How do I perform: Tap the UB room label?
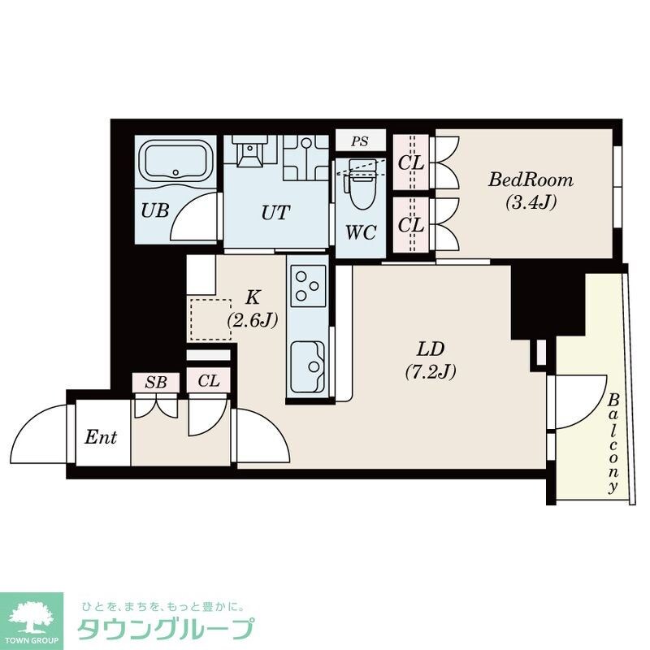[154, 211]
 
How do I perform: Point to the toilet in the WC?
[358, 186]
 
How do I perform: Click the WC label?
[360, 233]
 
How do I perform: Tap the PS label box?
[360, 141]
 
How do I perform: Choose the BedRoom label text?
[531, 180]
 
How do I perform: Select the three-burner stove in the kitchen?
[309, 285]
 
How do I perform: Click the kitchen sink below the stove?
[308, 361]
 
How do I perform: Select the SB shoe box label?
[155, 381]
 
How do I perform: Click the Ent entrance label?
[102, 439]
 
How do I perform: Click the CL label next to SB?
[209, 381]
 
